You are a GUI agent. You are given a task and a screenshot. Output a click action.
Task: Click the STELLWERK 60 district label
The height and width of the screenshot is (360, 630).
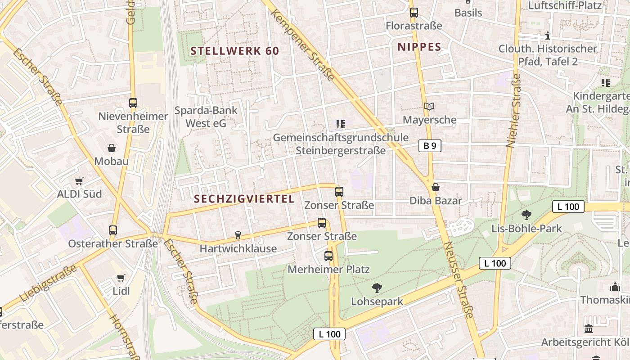coord(235,51)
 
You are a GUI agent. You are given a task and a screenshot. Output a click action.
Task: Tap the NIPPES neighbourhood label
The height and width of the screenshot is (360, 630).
coord(419,47)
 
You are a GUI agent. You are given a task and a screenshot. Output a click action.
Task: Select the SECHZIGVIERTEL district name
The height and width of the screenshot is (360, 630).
coord(244,199)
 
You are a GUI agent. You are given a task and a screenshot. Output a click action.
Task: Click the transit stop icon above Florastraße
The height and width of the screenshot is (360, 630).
coord(414,13)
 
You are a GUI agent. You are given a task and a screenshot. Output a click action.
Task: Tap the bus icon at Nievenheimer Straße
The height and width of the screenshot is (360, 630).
coord(133,103)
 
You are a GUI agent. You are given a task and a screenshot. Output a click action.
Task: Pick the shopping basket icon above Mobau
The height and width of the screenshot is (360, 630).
coord(111,148)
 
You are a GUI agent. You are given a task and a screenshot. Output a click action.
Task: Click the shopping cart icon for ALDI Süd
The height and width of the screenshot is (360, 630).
coord(79,181)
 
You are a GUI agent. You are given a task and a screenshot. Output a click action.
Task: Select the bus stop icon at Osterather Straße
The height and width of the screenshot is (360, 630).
coord(113,230)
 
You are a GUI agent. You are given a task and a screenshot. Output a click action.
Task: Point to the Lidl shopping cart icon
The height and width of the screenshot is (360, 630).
coord(121,278)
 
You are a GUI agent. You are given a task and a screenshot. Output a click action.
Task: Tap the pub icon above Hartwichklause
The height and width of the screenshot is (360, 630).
coord(238,235)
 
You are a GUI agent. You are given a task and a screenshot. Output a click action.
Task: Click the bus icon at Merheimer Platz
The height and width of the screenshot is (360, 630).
coord(328,256)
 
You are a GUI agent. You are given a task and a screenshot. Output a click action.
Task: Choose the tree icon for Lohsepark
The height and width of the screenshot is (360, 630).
coord(377,288)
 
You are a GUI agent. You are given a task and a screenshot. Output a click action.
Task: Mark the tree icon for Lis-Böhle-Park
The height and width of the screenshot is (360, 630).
coord(526,215)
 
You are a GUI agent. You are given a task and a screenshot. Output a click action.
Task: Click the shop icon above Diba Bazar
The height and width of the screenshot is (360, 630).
coord(435,187)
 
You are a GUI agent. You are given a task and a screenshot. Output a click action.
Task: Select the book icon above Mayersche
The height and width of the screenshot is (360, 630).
coord(429,107)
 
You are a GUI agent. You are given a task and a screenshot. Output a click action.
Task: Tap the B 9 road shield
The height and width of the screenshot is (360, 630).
coord(430,146)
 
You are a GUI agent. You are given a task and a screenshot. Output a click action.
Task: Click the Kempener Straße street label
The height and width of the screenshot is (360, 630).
coord(302,45)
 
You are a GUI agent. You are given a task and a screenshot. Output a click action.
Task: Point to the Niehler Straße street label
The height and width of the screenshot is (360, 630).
coord(513,111)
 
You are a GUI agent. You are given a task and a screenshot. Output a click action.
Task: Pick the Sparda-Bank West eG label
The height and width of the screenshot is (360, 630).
coord(206,117)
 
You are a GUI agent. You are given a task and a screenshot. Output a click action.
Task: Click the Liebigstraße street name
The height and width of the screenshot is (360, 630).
coord(49,284)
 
